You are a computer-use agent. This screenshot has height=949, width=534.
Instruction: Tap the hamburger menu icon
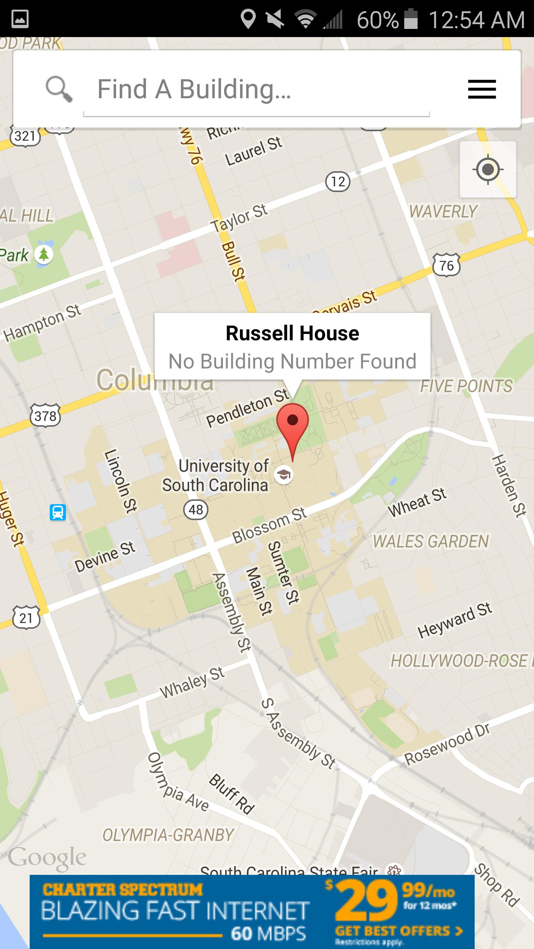[x=482, y=89]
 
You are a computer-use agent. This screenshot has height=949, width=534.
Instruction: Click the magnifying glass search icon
[x=59, y=89]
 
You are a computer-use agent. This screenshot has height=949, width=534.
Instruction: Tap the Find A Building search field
[x=256, y=89]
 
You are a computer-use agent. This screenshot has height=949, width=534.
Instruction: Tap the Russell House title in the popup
[x=292, y=333]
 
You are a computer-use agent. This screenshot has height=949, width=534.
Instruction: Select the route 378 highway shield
[x=45, y=416]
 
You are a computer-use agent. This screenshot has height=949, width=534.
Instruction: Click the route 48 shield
[x=196, y=510]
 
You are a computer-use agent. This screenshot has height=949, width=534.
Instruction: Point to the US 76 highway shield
[x=446, y=265]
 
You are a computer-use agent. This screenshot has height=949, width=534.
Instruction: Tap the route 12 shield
[x=338, y=182]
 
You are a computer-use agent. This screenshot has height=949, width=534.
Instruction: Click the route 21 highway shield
[x=26, y=618]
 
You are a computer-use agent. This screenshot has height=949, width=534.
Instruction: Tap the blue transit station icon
[x=58, y=513]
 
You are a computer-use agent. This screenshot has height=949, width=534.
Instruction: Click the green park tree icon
[x=44, y=255]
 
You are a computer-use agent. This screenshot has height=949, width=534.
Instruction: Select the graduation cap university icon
[x=284, y=474]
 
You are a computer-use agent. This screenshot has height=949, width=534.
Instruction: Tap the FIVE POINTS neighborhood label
[x=466, y=386]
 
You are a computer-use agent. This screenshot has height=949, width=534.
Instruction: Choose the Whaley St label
[x=192, y=682]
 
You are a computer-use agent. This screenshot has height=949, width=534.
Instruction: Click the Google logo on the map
[x=47, y=858]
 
